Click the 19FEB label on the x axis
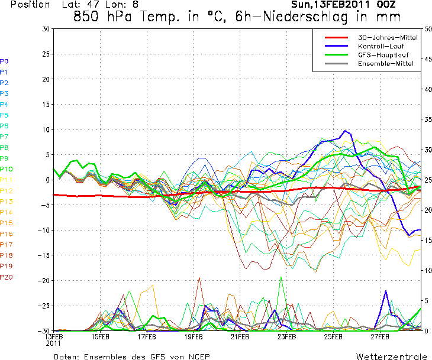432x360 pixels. [x=194, y=337]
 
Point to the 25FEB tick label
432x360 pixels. [x=333, y=337]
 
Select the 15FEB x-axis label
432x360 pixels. [x=100, y=337]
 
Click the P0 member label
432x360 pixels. [x=4, y=61]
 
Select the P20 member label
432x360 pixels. [x=7, y=277]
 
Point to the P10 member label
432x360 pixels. [x=7, y=169]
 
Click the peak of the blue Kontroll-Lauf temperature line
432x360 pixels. [x=345, y=131]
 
